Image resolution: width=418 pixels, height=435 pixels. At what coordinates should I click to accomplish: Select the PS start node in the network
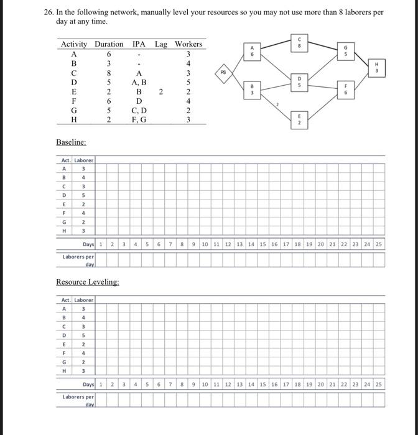225,72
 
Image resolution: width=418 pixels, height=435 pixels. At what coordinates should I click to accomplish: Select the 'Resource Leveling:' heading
87,282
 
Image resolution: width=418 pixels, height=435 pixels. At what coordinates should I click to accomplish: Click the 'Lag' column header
161,44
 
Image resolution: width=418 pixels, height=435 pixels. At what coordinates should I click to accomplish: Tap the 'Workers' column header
188,44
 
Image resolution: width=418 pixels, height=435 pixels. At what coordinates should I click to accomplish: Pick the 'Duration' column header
109,44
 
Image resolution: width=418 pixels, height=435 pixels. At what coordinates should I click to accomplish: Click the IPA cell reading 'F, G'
137,120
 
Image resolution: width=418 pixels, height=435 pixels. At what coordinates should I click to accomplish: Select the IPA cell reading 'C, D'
137,110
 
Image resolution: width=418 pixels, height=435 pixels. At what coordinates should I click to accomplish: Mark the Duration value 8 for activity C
109,72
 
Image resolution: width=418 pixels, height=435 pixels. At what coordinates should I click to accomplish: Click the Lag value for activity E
160,91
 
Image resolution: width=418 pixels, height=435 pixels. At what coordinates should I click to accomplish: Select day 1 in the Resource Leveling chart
102,385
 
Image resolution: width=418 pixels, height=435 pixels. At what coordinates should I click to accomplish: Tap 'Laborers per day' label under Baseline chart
78,259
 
